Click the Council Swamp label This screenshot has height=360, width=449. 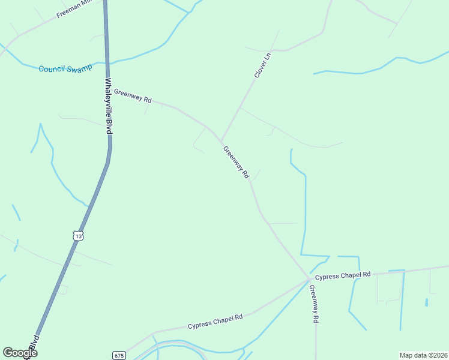tap(65, 69)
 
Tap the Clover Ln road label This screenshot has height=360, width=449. tap(263, 65)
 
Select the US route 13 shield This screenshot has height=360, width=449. tap(78, 236)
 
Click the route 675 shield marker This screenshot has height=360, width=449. tap(119, 355)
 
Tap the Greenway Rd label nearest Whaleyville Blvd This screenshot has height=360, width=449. tap(133, 95)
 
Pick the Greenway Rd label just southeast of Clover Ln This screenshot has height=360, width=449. tap(236, 162)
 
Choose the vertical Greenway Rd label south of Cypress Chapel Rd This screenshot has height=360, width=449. tap(313, 304)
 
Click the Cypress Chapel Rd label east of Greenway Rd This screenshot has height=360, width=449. tap(343, 276)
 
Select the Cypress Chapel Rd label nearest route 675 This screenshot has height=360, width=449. tap(215, 322)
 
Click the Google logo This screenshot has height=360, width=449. tap(20, 352)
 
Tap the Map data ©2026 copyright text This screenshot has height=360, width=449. tap(423, 355)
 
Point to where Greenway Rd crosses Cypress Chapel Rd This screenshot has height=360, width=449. tap(309, 280)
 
